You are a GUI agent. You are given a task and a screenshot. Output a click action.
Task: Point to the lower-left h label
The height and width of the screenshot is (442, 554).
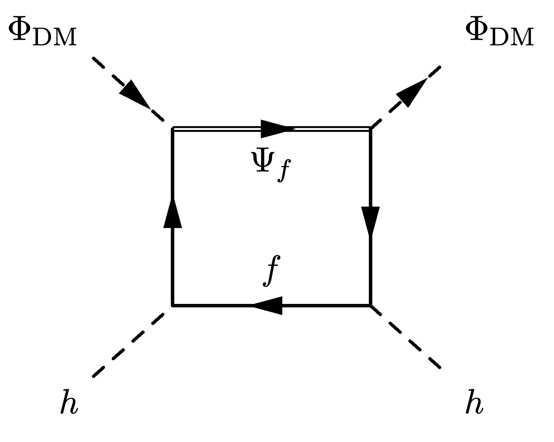(69, 402)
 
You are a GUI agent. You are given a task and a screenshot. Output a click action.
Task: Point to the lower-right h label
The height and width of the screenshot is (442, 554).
(474, 402)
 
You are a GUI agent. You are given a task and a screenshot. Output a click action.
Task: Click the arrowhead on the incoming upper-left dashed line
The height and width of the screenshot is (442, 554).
(134, 93)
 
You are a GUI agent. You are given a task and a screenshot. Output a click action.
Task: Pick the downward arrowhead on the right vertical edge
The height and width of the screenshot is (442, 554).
(371, 221)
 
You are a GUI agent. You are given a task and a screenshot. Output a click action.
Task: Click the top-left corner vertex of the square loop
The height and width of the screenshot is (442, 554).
(172, 128)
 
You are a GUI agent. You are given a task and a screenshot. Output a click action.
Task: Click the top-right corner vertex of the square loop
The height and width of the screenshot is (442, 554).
(371, 128)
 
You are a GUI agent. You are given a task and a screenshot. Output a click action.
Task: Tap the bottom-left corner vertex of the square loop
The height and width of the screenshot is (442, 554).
(172, 305)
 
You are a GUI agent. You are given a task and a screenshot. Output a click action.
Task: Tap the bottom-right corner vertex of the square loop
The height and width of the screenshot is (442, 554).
(371, 305)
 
